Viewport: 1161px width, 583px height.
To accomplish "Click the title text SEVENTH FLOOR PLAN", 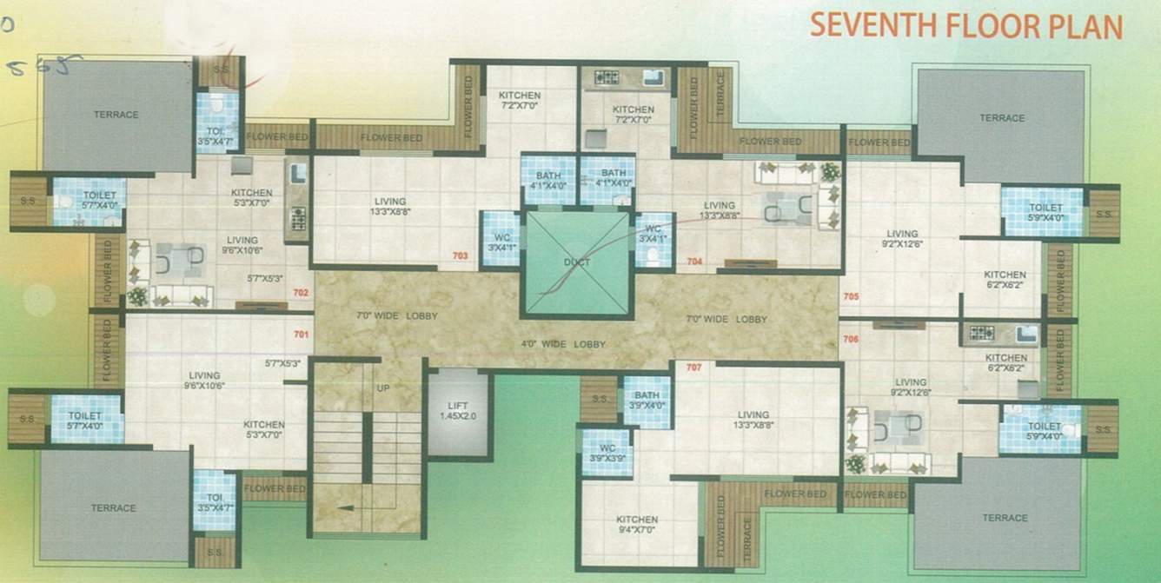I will point(965,26).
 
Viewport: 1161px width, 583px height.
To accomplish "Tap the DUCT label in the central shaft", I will point(576,262).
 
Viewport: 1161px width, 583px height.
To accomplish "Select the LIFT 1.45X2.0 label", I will point(457,411).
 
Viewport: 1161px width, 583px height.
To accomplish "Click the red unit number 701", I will point(302,334).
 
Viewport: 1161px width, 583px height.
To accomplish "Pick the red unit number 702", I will point(302,293).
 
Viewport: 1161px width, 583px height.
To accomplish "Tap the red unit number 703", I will point(461,255).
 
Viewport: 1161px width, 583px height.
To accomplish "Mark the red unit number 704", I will point(694,261).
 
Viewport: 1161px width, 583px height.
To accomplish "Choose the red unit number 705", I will point(851,297).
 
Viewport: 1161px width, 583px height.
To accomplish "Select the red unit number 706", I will point(851,339).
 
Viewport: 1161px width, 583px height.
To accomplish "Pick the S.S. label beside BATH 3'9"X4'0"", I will point(599,400).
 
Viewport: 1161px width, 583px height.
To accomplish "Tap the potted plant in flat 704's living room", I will point(831,171).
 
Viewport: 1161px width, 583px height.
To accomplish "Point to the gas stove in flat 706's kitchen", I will point(981,332).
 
